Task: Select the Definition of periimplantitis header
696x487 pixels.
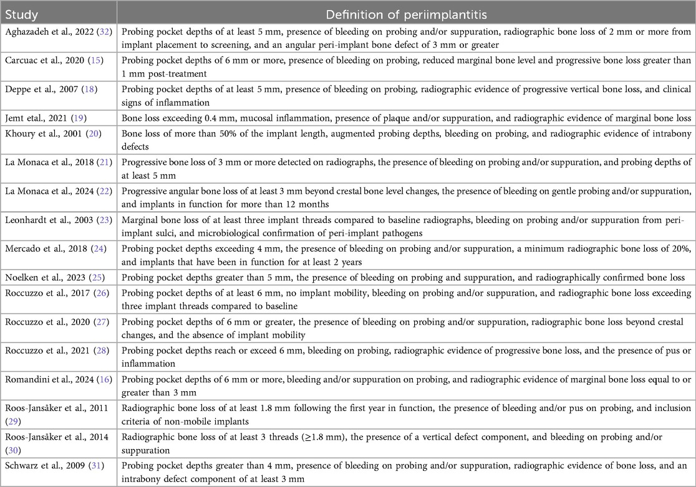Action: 406,13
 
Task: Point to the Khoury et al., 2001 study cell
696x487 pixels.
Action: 51,134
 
